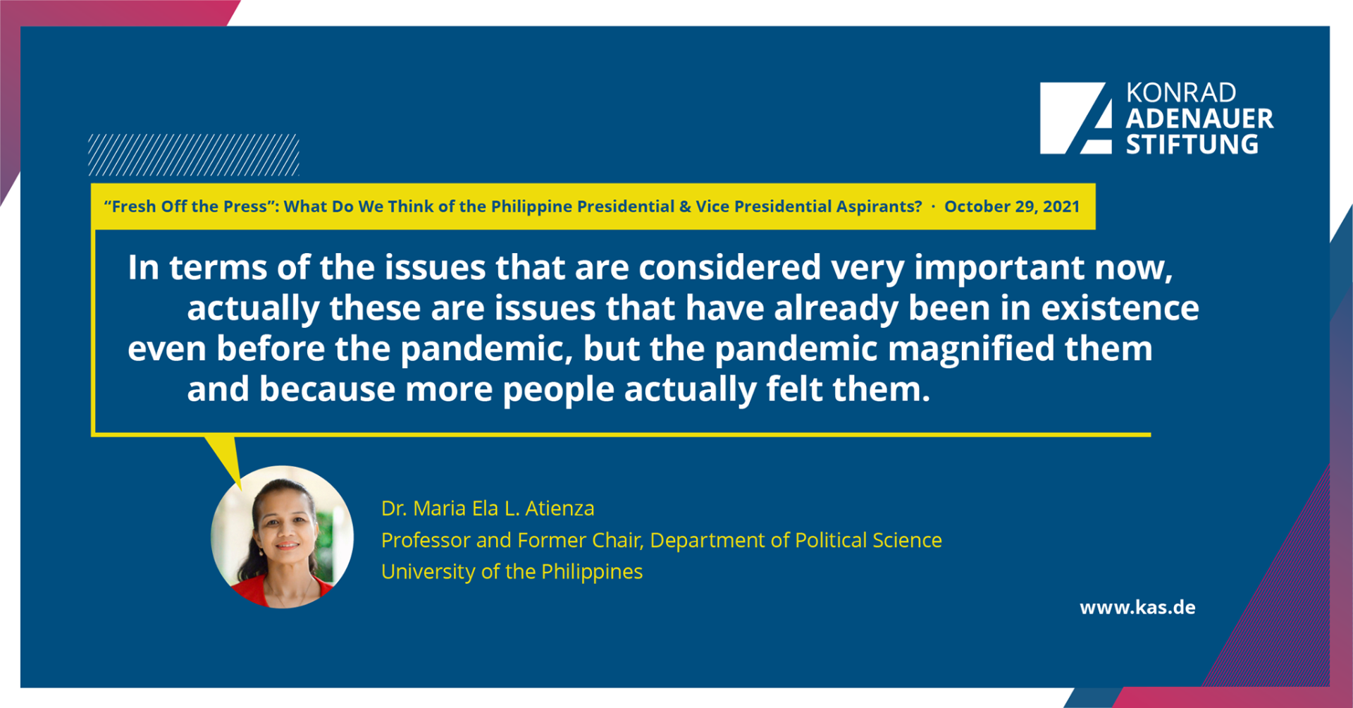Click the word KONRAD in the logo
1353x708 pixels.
[1181, 93]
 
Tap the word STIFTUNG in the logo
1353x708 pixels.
[1192, 145]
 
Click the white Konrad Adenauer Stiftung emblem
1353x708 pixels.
[1076, 118]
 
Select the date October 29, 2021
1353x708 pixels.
[1012, 207]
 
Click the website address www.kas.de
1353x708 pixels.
[1137, 607]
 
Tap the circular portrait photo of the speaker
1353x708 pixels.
[282, 537]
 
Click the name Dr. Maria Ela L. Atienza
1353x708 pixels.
[488, 508]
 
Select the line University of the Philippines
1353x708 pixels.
[512, 571]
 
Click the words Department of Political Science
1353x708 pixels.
[796, 540]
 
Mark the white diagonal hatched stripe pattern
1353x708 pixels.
[194, 154]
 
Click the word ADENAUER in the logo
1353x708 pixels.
[1199, 118]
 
